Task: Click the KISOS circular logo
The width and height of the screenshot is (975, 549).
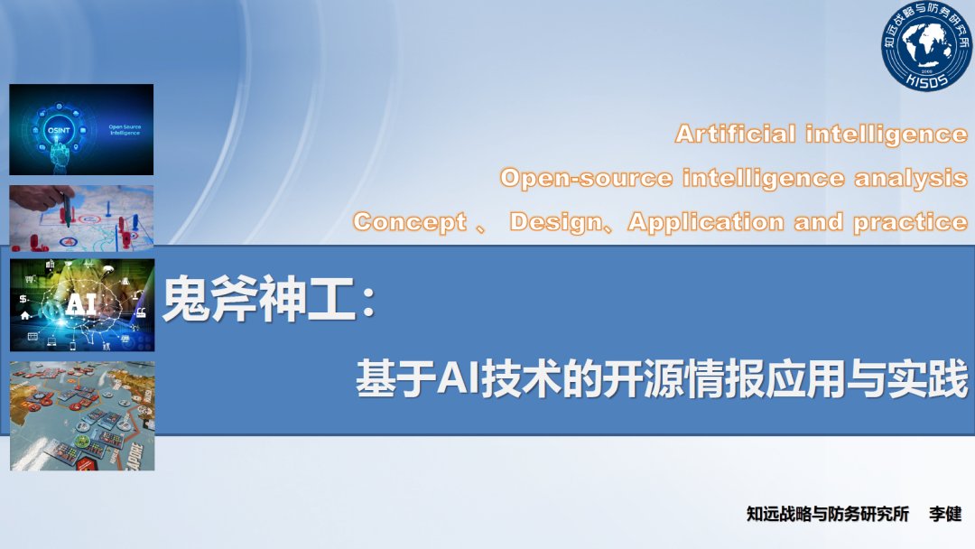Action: coord(926,45)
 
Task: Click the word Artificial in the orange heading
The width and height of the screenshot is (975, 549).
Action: coord(736,134)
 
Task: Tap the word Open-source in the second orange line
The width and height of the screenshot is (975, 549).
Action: coord(587,178)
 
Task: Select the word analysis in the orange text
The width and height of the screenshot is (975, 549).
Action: coord(911,178)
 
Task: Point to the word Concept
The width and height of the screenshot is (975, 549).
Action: coord(410,223)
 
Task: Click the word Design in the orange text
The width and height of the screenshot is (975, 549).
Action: coord(556,222)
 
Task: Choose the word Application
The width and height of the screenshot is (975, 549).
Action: coord(706,222)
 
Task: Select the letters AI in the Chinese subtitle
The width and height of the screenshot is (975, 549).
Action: coord(458,378)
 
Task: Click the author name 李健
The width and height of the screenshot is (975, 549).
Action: coord(945,514)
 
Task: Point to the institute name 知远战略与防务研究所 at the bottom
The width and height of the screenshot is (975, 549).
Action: coord(828,514)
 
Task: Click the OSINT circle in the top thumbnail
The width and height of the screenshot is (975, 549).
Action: coord(59,130)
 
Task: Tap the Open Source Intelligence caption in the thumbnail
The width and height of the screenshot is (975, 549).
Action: coord(125,130)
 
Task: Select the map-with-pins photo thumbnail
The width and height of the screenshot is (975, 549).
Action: coord(81,219)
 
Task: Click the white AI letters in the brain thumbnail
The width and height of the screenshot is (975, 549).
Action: coord(81,304)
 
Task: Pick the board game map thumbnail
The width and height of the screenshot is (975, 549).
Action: coord(82,416)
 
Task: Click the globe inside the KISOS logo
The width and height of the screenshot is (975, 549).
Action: coord(926,44)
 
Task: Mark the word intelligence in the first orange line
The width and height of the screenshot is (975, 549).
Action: coord(887,134)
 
